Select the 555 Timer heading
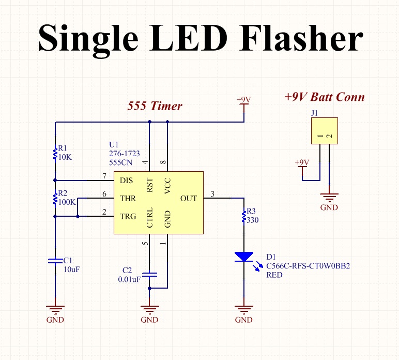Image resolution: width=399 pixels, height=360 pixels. (x=155, y=106)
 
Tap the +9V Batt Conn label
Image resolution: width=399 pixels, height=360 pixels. (x=324, y=97)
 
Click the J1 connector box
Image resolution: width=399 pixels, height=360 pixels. (x=324, y=131)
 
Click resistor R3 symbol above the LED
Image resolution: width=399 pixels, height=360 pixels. (x=243, y=216)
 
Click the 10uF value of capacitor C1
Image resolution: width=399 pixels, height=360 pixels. (x=72, y=269)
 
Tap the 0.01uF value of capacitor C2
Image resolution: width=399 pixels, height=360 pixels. (x=129, y=280)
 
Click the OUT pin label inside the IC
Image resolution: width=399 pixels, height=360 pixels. (x=189, y=198)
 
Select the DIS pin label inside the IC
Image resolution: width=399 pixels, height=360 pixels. (x=127, y=181)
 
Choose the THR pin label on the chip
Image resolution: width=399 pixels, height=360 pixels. (x=128, y=198)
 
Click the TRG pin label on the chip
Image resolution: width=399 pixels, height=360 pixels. (x=128, y=216)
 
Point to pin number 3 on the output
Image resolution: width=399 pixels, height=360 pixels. (x=212, y=193)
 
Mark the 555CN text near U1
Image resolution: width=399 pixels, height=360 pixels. (x=120, y=162)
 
